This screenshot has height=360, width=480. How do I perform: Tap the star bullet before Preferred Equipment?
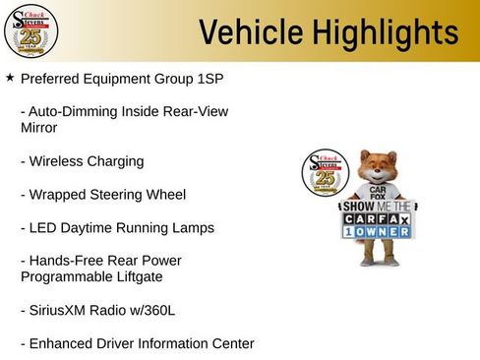coord(10,76)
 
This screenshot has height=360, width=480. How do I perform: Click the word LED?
coord(45,227)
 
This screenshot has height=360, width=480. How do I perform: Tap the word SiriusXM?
coord(65,310)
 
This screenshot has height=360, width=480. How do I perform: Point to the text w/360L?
coord(150,310)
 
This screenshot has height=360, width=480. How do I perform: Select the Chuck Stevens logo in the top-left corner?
coord(31,31)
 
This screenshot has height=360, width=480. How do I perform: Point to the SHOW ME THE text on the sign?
coord(375,208)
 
